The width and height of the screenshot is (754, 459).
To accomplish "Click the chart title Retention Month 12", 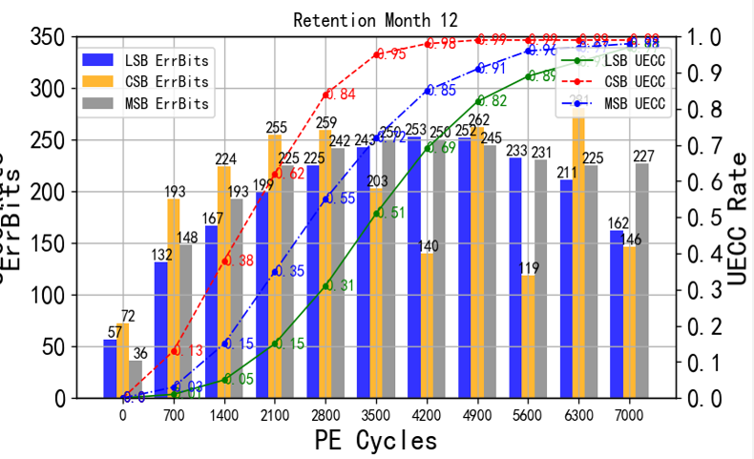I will click(x=376, y=19).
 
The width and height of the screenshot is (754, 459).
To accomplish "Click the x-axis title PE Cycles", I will click(x=375, y=441).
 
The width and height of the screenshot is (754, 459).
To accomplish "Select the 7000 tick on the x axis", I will click(x=633, y=414).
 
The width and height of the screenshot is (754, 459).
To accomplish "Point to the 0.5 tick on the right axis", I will click(x=700, y=218).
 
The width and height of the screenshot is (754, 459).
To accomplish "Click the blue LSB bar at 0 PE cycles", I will click(x=111, y=368).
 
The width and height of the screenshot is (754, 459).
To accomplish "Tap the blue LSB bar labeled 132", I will click(x=161, y=329).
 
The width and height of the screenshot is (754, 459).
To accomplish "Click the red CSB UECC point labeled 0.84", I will click(x=327, y=94).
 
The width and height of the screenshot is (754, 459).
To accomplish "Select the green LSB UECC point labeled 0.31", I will click(x=327, y=285).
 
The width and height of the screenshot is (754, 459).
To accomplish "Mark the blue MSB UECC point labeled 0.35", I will click(x=277, y=271).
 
